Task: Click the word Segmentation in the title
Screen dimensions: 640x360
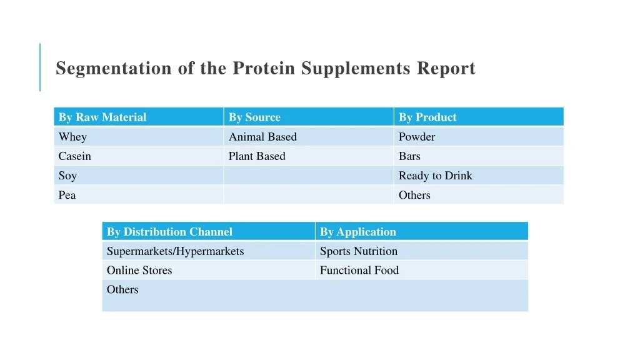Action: point(114,69)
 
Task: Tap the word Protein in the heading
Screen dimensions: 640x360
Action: point(264,67)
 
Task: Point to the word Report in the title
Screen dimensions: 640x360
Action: point(446,69)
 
